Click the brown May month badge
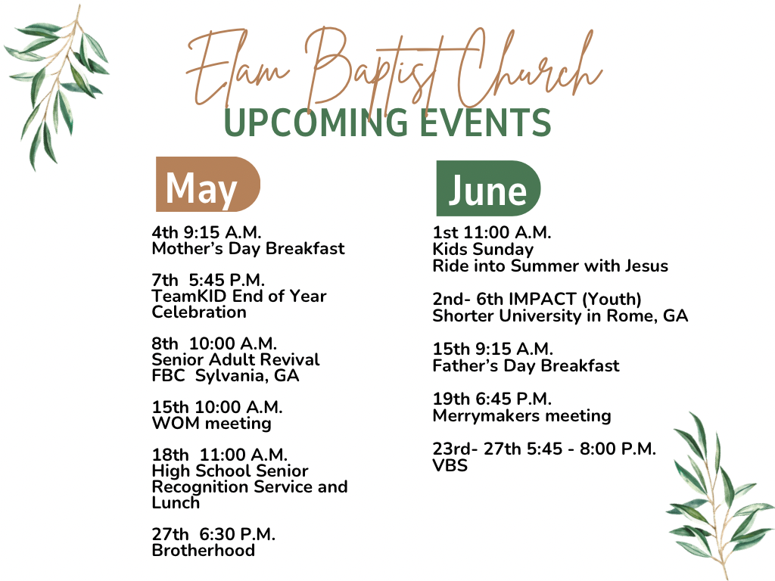pos(208,185)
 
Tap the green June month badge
pos(488,188)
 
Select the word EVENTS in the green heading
pos(486,123)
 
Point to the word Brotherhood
pos(203,550)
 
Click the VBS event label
pos(450,465)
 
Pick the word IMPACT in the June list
pos(542,299)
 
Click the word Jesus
pos(646,266)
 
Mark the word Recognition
pos(201,487)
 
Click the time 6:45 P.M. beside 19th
pos(514,399)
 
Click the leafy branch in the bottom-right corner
pos(719,495)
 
